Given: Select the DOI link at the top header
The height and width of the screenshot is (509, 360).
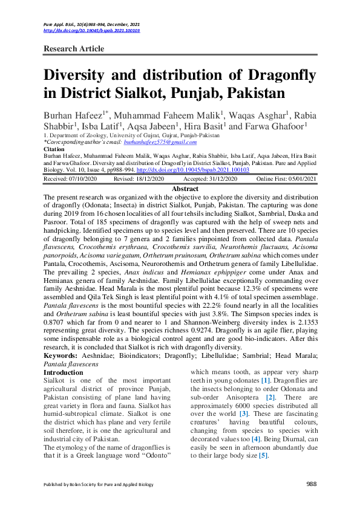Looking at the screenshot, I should (x=91, y=30).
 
